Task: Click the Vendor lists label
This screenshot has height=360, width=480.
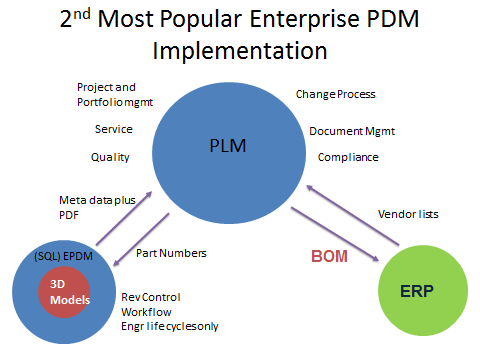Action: (407, 213)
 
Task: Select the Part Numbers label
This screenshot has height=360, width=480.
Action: (171, 253)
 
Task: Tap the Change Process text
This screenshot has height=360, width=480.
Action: (335, 94)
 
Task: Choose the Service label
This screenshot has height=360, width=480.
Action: (113, 129)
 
